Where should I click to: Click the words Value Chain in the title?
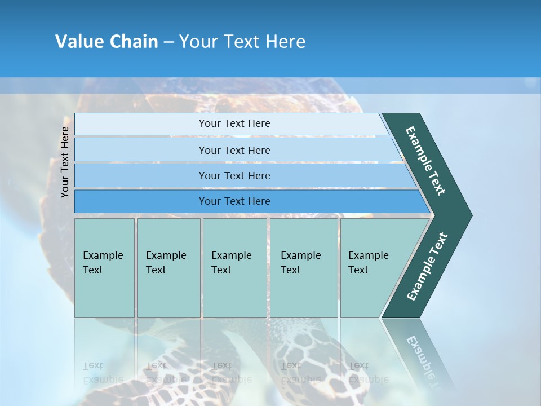tap(107, 42)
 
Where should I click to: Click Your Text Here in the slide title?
tap(242, 42)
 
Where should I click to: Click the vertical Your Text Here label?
tap(65, 162)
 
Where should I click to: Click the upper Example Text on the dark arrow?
tap(425, 161)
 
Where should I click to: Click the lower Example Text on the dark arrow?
tap(427, 267)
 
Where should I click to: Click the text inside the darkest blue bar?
tap(234, 201)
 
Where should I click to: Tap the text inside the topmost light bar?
tap(234, 123)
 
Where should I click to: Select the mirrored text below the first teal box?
tap(103, 372)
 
